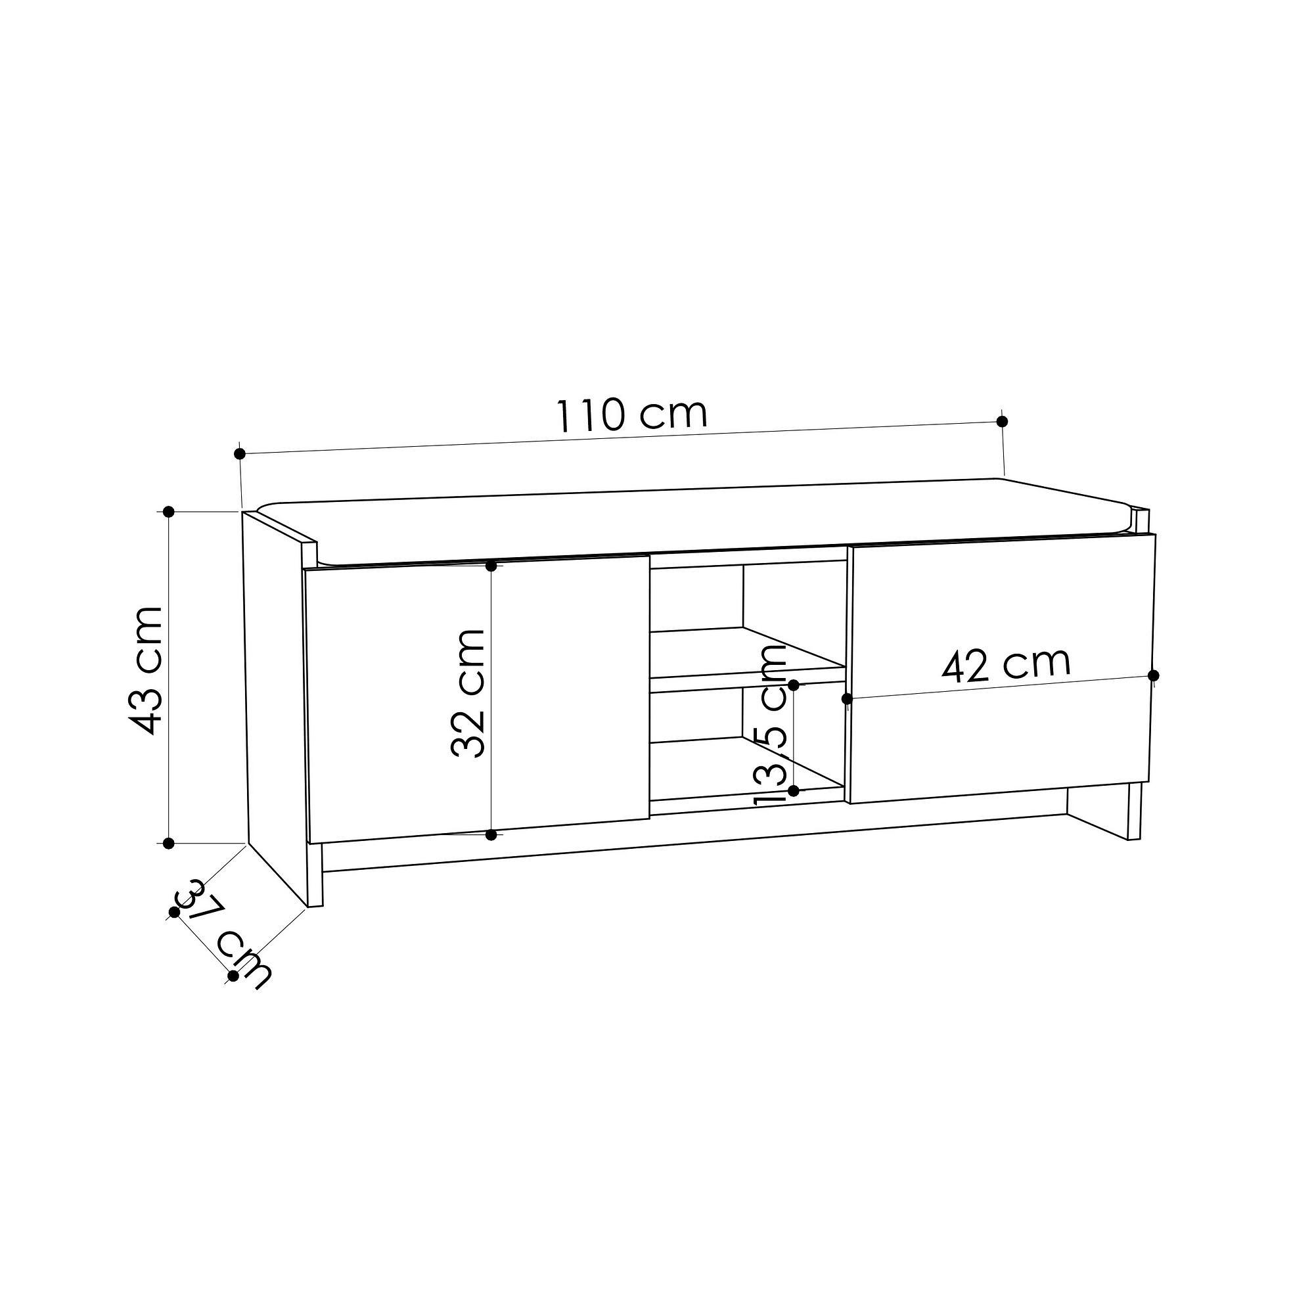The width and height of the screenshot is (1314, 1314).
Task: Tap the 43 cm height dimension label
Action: pyautogui.click(x=147, y=671)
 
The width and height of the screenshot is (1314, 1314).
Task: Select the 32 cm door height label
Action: pyautogui.click(x=468, y=693)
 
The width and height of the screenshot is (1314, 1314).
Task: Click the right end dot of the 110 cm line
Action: pyautogui.click(x=1001, y=421)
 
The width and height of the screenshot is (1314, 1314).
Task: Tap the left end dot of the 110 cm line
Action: pyautogui.click(x=238, y=453)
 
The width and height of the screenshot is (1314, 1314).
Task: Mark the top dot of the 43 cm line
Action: pyautogui.click(x=170, y=511)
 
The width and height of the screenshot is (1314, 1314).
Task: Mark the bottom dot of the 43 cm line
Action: pyautogui.click(x=170, y=844)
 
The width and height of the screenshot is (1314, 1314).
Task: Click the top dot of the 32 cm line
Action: pyautogui.click(x=491, y=566)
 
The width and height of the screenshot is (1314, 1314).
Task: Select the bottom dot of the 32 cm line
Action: pyautogui.click(x=491, y=834)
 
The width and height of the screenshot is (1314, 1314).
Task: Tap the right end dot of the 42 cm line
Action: pyautogui.click(x=1153, y=675)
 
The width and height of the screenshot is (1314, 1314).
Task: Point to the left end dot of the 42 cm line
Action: pyautogui.click(x=847, y=698)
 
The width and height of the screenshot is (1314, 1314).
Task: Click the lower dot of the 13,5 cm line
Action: pyautogui.click(x=793, y=790)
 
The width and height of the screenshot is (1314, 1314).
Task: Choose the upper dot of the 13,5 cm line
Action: pyautogui.click(x=793, y=684)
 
